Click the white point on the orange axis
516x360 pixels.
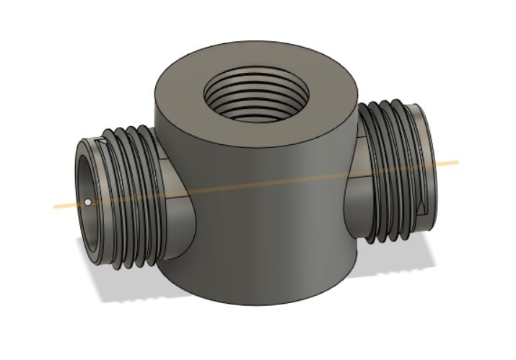(87, 203)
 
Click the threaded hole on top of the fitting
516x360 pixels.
(256, 97)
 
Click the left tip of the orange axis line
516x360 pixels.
(56, 207)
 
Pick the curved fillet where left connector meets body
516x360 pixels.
(180, 216)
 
